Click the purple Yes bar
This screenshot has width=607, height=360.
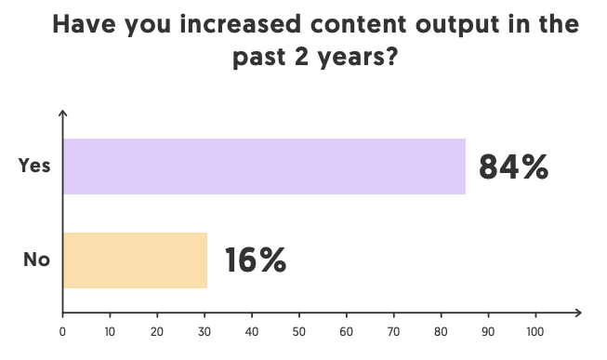(264, 167)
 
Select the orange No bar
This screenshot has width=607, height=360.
(136, 260)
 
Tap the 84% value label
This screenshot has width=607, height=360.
(514, 167)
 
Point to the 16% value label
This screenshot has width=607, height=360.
(255, 260)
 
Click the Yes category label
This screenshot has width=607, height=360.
(35, 166)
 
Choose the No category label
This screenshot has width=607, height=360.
(36, 260)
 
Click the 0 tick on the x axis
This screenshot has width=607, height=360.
(62, 330)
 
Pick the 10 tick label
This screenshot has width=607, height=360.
(110, 330)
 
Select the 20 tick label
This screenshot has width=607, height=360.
(157, 330)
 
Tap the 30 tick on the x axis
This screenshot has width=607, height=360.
(205, 330)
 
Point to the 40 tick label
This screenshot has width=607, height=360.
(252, 330)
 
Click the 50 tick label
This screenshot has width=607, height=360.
(299, 330)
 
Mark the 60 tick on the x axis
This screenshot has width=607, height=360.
(347, 330)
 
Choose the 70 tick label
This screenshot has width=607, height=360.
(394, 330)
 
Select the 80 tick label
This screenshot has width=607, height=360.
(442, 330)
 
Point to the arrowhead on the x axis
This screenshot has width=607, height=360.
(578, 313)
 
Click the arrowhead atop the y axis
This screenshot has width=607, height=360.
(63, 113)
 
